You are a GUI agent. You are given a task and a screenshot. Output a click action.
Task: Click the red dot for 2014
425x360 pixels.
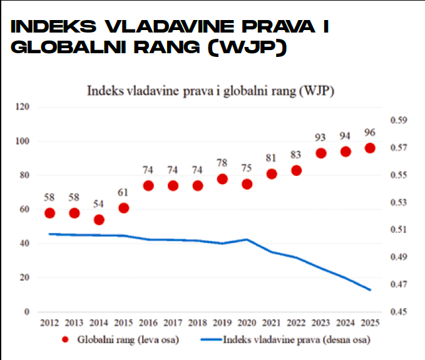point(99,220)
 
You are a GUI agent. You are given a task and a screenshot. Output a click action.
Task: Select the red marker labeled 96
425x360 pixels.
point(370,148)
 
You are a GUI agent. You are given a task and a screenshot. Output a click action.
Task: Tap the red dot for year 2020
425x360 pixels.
point(247,184)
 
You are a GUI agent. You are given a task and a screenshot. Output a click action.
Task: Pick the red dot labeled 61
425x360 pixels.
point(124,208)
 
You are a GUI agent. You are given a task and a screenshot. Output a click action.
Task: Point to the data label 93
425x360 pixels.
point(321,137)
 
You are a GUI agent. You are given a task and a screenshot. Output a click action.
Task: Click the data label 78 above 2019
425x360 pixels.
point(222,163)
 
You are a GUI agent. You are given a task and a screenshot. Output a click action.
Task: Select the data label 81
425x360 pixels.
point(272,158)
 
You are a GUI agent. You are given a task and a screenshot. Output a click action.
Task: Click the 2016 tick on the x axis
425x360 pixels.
point(148,323)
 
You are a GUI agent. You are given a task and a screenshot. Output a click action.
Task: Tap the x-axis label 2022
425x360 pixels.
point(296,323)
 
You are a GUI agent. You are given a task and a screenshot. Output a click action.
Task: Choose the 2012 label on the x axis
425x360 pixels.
point(49,323)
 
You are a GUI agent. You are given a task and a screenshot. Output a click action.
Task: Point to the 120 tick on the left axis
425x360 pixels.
point(23,108)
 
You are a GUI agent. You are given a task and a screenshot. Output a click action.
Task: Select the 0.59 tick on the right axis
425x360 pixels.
point(398,121)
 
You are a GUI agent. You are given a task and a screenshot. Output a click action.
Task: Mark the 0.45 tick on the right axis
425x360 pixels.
point(398,312)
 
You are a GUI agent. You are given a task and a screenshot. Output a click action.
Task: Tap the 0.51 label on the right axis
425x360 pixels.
point(398,230)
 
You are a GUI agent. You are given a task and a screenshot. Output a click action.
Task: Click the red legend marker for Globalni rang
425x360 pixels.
point(68,341)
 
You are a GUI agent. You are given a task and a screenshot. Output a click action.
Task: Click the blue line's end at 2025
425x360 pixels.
point(370,290)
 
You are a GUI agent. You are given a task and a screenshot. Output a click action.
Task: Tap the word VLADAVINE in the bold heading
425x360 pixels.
point(161,27)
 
